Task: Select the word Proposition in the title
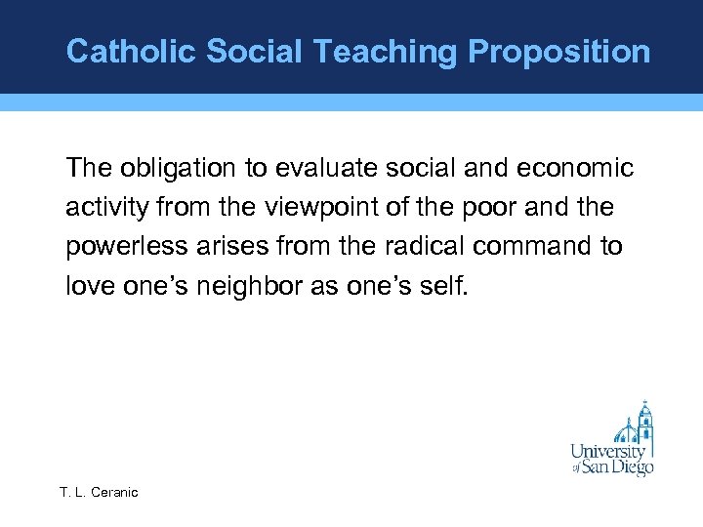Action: [559, 51]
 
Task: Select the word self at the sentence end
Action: [449, 287]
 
